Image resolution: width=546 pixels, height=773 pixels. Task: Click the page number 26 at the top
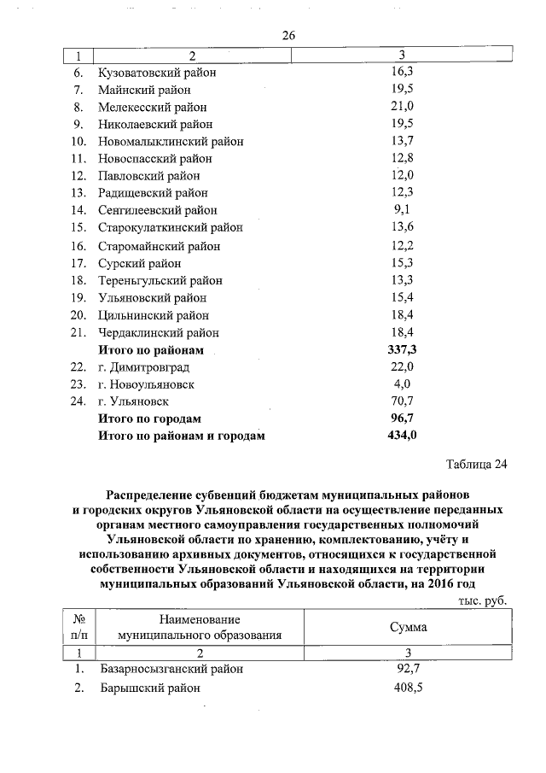288,35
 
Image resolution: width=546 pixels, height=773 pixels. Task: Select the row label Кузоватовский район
157,73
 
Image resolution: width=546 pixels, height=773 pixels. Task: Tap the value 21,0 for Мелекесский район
401,107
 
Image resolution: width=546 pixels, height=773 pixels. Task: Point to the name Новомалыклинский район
171,141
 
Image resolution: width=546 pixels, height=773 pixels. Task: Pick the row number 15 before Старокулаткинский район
78,227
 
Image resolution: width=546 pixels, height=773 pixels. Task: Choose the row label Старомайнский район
159,246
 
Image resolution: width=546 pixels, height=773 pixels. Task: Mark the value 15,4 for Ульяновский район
401,298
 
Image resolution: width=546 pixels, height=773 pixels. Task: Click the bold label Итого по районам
151,350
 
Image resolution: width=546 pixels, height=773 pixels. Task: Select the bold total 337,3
401,350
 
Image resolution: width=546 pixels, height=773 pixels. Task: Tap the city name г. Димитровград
147,366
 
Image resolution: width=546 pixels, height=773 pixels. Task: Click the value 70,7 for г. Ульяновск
401,401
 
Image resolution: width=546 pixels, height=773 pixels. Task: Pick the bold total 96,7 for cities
401,419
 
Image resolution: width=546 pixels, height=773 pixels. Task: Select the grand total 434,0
401,436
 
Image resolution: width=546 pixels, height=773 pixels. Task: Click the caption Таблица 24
476,465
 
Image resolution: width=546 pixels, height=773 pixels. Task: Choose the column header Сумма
408,627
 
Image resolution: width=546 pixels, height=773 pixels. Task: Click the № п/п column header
79,627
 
